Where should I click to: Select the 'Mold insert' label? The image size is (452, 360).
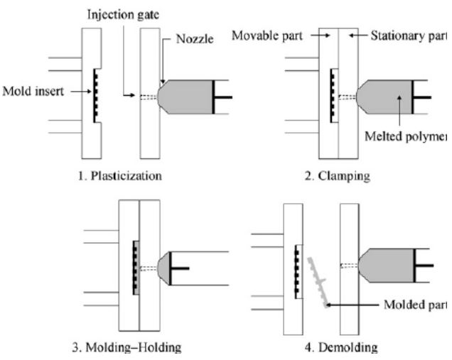point(31,90)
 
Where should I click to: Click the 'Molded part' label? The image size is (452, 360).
point(420,305)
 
